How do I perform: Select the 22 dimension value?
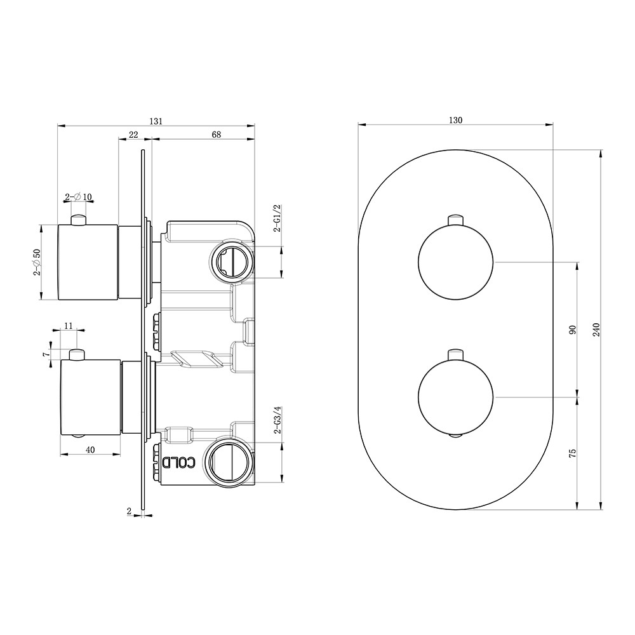[x=133, y=135]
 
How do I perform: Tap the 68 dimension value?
[x=217, y=135]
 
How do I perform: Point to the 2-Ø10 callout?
[x=79, y=196]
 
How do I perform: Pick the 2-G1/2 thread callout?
[x=277, y=218]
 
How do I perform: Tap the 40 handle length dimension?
[x=90, y=450]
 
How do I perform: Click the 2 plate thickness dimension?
[x=129, y=510]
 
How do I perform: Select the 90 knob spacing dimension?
[x=571, y=330]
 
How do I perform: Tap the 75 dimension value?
[x=571, y=453]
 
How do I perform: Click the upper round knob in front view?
[x=455, y=262]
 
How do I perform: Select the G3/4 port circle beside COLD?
[x=227, y=462]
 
